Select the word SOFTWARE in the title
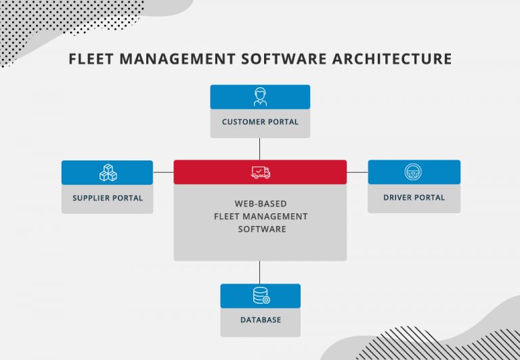(x=288, y=59)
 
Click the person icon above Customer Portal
(x=260, y=97)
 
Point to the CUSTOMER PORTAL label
(x=260, y=122)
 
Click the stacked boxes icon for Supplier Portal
(x=108, y=173)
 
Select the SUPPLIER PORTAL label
(x=108, y=198)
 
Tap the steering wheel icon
(x=414, y=172)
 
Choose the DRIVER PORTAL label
(x=414, y=198)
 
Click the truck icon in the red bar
(x=261, y=173)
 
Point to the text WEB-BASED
(x=261, y=204)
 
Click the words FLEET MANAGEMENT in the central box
(x=261, y=217)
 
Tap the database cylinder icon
(x=261, y=296)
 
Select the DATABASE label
(x=261, y=320)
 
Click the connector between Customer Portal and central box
(x=260, y=149)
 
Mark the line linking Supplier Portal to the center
(x=163, y=172)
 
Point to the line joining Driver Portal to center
(x=357, y=172)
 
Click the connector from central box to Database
(x=260, y=272)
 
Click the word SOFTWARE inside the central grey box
(x=261, y=229)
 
